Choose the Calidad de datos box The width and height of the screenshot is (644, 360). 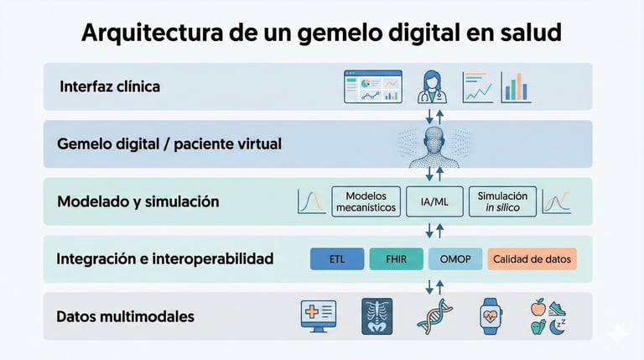tap(532, 259)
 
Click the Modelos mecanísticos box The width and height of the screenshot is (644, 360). tap(365, 201)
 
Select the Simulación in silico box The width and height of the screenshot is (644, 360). tap(502, 201)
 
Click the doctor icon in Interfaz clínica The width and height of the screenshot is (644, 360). tap(433, 86)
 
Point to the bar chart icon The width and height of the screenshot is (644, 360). tap(516, 86)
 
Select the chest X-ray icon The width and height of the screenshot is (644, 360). tap(376, 316)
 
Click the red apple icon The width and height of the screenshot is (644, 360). tap(538, 308)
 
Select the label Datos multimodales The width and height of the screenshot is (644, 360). tap(125, 317)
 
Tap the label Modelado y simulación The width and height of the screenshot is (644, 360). tap(138, 201)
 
